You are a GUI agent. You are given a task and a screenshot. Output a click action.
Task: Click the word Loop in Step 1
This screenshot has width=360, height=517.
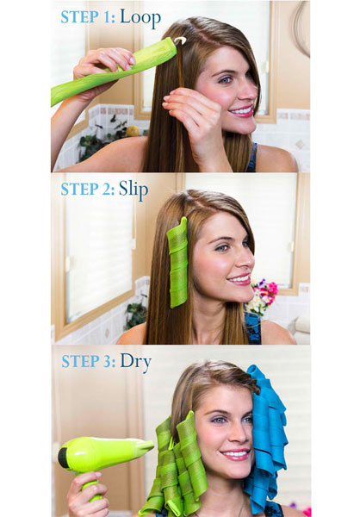point(140,18)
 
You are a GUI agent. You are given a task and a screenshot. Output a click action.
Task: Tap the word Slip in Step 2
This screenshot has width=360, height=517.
point(133,190)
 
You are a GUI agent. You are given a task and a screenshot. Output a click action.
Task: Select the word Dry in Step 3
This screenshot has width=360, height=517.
point(135,362)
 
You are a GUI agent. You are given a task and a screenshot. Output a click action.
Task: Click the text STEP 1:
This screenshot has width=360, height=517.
point(88,17)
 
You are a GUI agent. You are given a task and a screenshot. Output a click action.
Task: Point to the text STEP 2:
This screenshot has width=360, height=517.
point(88,190)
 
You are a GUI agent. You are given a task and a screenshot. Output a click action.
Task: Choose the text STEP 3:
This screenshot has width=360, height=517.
point(89,361)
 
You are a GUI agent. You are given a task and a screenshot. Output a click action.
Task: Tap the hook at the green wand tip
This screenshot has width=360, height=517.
point(180,40)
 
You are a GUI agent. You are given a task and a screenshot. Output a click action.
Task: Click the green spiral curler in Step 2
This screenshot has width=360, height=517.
point(178,263)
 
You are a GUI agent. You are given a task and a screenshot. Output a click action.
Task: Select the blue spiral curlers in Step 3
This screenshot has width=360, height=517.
point(267,435)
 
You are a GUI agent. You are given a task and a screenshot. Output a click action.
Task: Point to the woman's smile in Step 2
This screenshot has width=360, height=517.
point(239,279)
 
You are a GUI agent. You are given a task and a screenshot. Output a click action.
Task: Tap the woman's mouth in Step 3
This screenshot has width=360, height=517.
point(235,455)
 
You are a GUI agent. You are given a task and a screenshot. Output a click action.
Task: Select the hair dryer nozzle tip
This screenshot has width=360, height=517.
point(150,445)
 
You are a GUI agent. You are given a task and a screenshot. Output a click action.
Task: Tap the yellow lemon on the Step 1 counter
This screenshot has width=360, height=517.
point(133,131)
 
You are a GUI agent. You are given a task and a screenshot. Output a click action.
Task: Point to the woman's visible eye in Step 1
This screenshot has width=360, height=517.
point(226,79)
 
